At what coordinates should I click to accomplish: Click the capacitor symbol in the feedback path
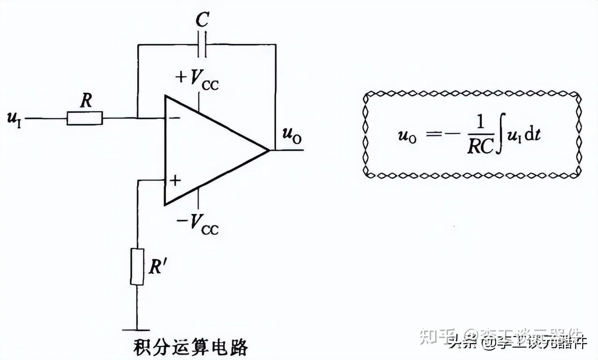pos(202,44)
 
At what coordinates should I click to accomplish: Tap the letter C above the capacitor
pos(202,20)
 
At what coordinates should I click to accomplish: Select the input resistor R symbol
pos(85,119)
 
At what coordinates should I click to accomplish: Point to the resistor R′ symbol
pos(137,267)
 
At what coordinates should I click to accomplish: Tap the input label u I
pos(14,119)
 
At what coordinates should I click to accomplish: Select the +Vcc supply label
pos(197,79)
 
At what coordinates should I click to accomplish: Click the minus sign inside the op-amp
pos(174,118)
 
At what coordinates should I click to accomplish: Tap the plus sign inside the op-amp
pos(174,180)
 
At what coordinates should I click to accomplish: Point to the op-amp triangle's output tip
pos(269,150)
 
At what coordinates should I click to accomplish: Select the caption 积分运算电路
pos(190,347)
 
